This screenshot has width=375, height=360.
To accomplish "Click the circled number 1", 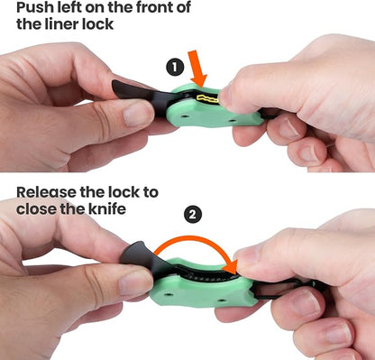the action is click(176, 68).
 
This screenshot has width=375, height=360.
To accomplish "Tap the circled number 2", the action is click(193, 214).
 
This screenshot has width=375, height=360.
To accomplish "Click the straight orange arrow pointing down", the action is click(197, 69).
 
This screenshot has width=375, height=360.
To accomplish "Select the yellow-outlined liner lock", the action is click(207, 97).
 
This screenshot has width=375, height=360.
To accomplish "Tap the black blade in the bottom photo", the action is click(142, 258).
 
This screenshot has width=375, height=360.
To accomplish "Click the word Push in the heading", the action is click(34, 7).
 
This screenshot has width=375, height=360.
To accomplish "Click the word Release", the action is click(46, 192).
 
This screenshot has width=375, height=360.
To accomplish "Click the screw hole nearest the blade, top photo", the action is click(185, 115).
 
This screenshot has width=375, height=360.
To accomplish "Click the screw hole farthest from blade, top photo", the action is click(232, 121).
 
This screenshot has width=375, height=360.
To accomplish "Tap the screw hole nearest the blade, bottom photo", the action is click(169, 293).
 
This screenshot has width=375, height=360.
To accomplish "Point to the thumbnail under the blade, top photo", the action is click(139, 114).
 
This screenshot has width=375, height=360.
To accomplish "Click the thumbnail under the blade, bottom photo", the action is click(135, 283).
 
